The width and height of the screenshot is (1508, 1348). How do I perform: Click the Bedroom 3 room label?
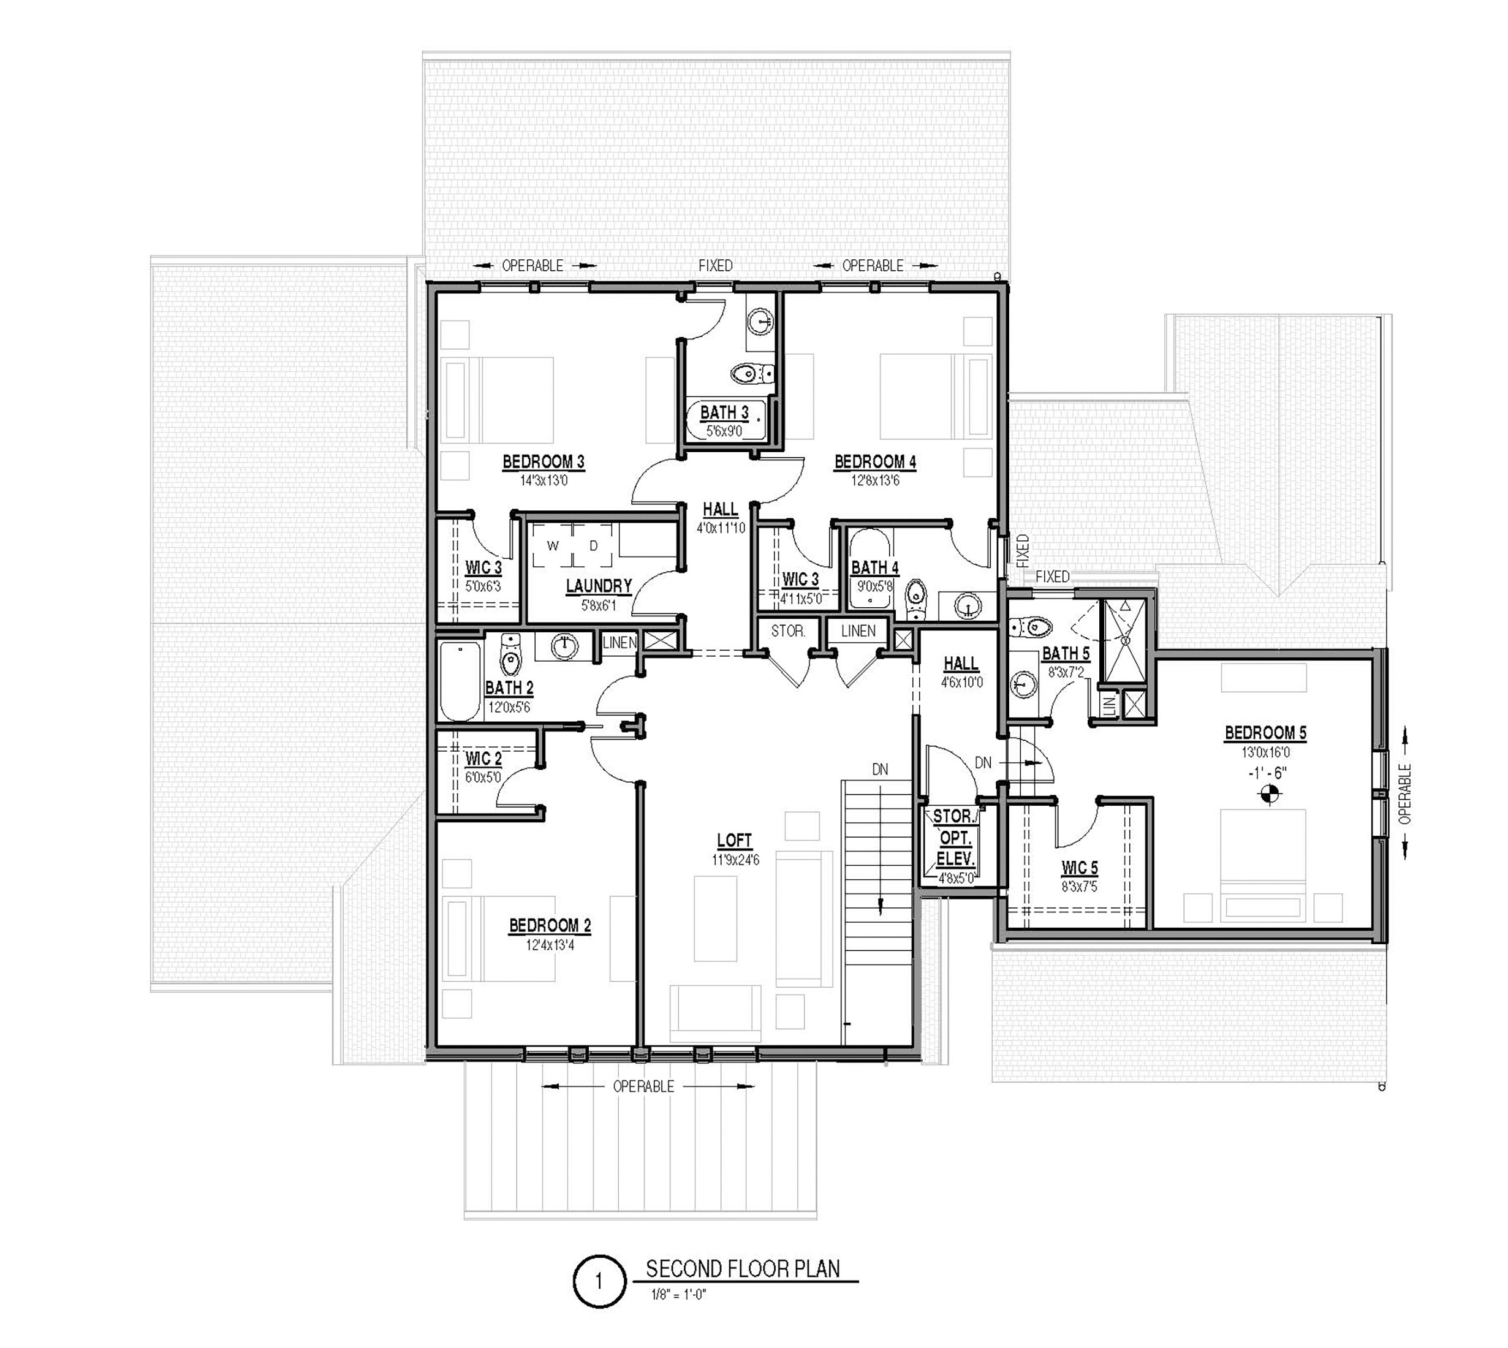point(543,462)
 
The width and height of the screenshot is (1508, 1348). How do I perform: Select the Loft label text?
point(734,840)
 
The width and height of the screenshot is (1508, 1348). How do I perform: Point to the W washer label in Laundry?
point(553,546)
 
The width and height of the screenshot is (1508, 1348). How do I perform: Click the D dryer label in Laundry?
point(593,546)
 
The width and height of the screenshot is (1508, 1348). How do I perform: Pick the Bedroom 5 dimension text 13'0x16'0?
point(1266,752)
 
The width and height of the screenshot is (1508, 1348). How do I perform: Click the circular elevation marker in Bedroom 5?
point(1270,795)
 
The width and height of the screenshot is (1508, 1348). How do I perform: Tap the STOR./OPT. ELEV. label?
point(955,838)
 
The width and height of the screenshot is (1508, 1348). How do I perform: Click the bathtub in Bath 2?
point(461,681)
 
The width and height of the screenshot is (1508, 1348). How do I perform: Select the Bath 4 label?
point(875,568)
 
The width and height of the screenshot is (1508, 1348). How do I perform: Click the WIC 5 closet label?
point(1079,867)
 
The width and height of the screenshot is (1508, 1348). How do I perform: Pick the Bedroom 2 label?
point(550,926)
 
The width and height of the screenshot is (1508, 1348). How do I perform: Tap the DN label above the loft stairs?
point(880,770)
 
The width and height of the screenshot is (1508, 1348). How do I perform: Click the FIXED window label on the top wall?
point(716,265)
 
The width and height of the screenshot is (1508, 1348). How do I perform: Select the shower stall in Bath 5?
point(1124,640)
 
